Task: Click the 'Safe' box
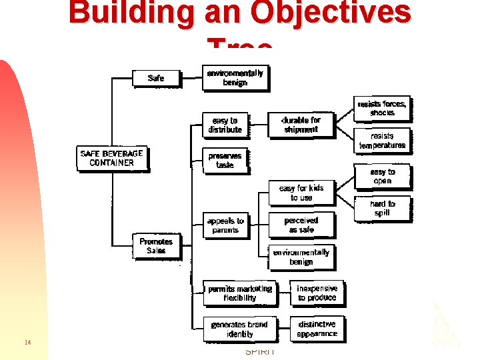(156, 78)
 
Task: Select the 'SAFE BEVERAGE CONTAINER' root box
(111, 158)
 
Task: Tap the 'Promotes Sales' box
(156, 246)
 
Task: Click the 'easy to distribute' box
(225, 125)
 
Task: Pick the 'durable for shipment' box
(301, 125)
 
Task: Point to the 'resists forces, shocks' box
(382, 109)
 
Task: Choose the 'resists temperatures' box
(382, 141)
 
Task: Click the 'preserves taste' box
(225, 160)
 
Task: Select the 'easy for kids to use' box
(301, 193)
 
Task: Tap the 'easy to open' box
(382, 177)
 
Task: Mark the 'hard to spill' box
(382, 208)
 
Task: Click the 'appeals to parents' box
(225, 225)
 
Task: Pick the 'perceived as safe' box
(301, 225)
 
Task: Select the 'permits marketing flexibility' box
(240, 293)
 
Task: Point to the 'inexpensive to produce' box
(317, 293)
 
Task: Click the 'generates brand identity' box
(239, 329)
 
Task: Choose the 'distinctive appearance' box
(317, 329)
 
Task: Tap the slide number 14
(27, 343)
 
